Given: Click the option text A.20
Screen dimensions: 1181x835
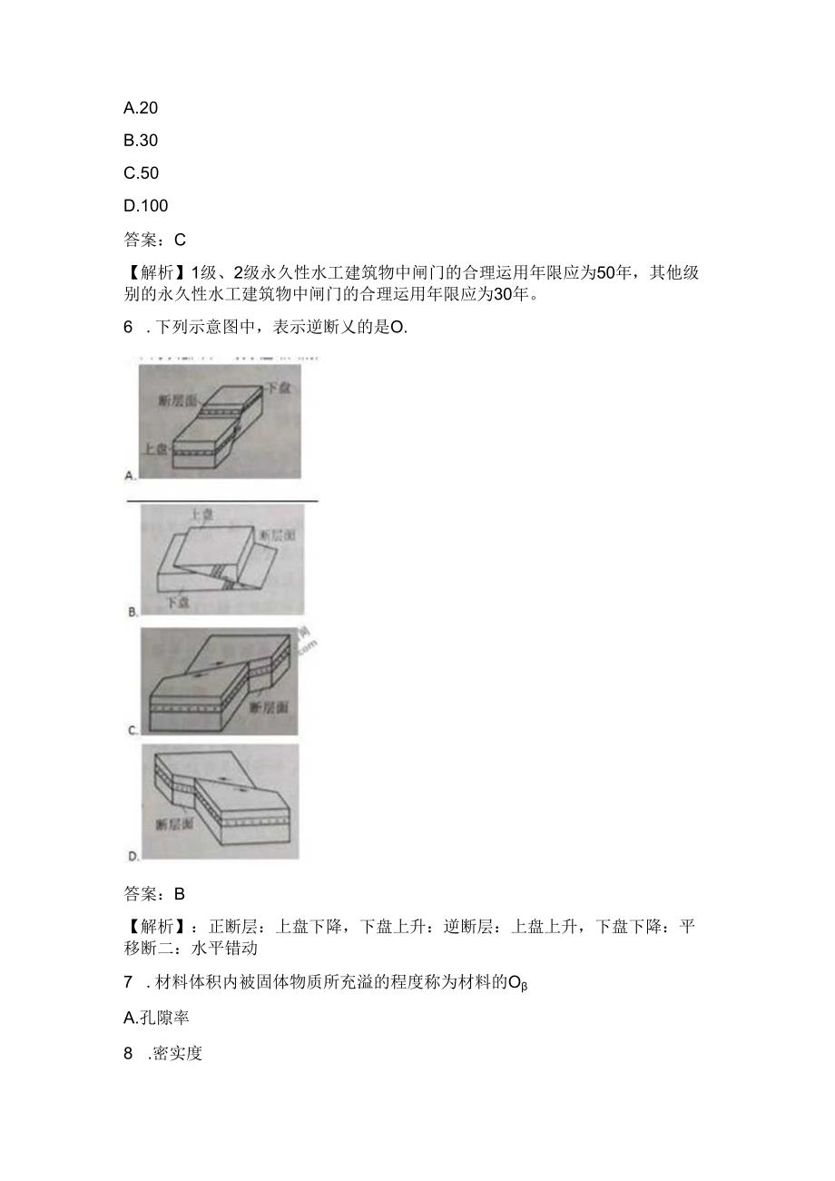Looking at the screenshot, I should [141, 108].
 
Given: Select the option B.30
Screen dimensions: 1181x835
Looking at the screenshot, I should [141, 141].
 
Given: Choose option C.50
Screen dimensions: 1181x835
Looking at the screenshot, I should [141, 173].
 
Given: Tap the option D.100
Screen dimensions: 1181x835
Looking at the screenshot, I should [145, 206].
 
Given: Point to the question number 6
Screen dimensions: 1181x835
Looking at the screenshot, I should [128, 328].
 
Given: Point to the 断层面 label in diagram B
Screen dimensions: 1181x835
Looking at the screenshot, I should [276, 536].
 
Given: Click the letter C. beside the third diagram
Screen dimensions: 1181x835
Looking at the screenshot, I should [133, 729].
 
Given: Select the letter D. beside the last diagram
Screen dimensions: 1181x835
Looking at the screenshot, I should [133, 855].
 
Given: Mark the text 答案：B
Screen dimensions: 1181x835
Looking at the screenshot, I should [154, 893].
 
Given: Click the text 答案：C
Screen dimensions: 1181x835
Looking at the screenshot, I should [154, 240].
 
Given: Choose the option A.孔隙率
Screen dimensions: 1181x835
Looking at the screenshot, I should [156, 1018].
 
